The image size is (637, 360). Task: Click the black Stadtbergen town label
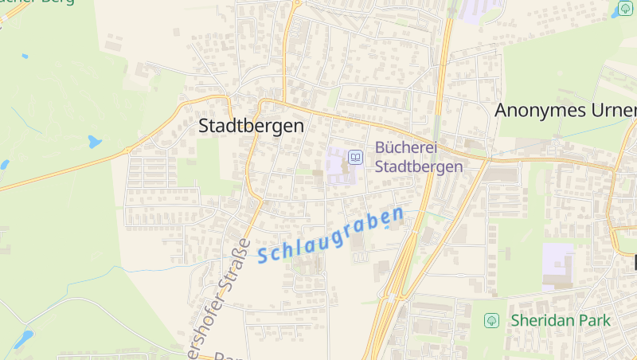[251, 126]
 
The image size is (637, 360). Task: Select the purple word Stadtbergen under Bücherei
[418, 166]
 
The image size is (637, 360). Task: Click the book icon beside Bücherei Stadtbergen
[355, 158]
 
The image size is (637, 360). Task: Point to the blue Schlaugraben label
[330, 235]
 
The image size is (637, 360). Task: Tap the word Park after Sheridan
[596, 320]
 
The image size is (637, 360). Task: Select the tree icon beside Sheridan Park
[491, 320]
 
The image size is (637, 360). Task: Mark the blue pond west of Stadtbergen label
[95, 143]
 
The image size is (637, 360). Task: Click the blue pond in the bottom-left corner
[24, 339]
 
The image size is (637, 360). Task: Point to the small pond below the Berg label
[25, 57]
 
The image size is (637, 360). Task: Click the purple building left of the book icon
[338, 166]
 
